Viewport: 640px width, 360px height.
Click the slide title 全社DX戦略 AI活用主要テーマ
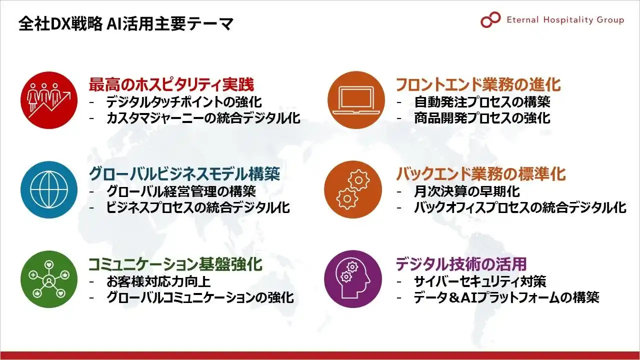coord(125,23)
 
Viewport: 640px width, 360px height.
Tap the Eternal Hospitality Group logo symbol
coord(490,19)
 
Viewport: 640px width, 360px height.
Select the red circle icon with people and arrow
coord(49,100)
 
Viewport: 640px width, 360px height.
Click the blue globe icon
coord(49,189)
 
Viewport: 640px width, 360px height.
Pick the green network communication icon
coord(49,279)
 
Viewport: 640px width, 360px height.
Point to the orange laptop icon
coord(356,100)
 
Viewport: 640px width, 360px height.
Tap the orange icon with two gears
coord(353,189)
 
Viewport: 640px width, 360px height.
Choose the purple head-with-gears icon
coord(353,279)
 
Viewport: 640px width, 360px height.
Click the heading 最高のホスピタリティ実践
coord(171,84)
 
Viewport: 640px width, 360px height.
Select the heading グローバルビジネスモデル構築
coord(184,174)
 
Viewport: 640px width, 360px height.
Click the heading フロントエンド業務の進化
coord(478,84)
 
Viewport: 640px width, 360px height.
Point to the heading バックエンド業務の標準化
coord(481,174)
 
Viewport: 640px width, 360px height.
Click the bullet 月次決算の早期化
coord(467,191)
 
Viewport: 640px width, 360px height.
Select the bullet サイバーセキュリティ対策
coord(480,281)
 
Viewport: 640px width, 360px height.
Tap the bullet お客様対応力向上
coord(158,281)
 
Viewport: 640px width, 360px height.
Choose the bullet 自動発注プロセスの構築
coord(482,102)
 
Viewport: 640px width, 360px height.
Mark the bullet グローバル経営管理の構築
coord(181,191)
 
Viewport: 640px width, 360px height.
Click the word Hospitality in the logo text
coord(564,20)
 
